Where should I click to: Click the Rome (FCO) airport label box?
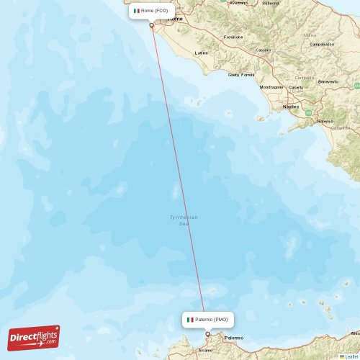[x=151, y=11]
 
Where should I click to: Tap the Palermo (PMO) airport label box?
[x=207, y=319]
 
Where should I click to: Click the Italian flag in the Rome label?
[x=136, y=11]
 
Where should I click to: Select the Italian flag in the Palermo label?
[x=190, y=319]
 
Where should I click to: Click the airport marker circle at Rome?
[x=151, y=25]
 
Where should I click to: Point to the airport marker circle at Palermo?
[x=207, y=333]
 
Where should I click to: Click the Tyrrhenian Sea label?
[x=183, y=220]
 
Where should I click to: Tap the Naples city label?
[x=291, y=107]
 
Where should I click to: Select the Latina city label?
[x=202, y=53]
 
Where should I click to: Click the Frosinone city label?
[x=233, y=37]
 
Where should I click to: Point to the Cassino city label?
[x=264, y=50]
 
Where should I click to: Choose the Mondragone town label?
[x=271, y=87]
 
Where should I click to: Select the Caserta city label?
[x=295, y=87]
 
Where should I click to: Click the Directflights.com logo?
[x=34, y=337]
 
